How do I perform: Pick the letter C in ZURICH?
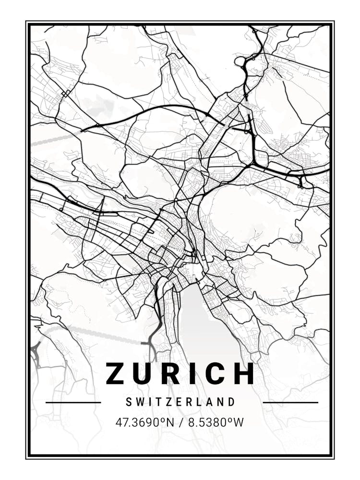click(x=214, y=373)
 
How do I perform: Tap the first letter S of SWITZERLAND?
click(x=128, y=402)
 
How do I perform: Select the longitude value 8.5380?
click(x=207, y=423)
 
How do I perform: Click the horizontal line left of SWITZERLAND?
click(x=73, y=402)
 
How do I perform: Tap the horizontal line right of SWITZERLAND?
click(x=290, y=402)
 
